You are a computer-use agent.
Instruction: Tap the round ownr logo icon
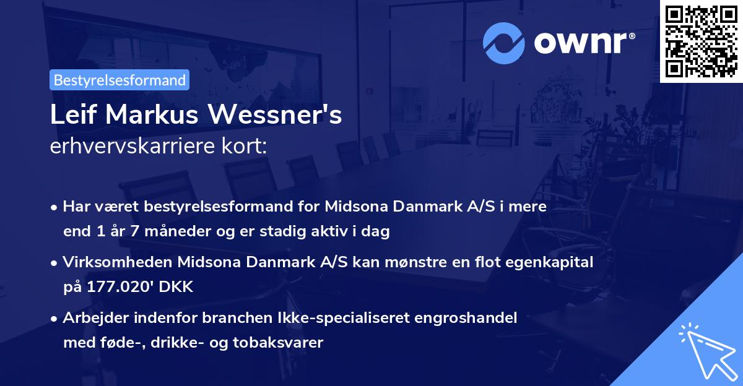click(x=504, y=42)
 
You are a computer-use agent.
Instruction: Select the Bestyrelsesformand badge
click(x=119, y=80)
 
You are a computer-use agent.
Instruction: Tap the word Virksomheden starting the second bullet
click(x=118, y=262)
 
